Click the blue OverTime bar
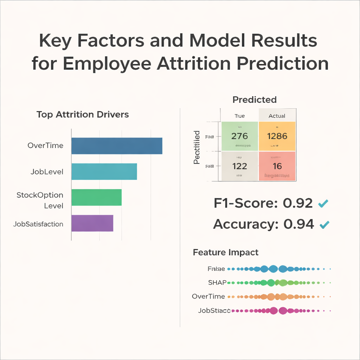(117, 146)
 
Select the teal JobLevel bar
(104, 172)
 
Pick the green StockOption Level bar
(96, 197)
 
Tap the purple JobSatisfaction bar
(92, 223)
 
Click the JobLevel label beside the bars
(47, 172)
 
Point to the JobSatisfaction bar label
(38, 224)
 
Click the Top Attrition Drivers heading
(83, 115)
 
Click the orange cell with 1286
(277, 136)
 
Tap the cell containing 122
(239, 166)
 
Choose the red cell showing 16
(277, 166)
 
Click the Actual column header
(277, 116)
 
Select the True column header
(239, 116)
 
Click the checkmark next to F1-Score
(323, 203)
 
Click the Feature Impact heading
(226, 252)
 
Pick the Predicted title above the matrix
(255, 100)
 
